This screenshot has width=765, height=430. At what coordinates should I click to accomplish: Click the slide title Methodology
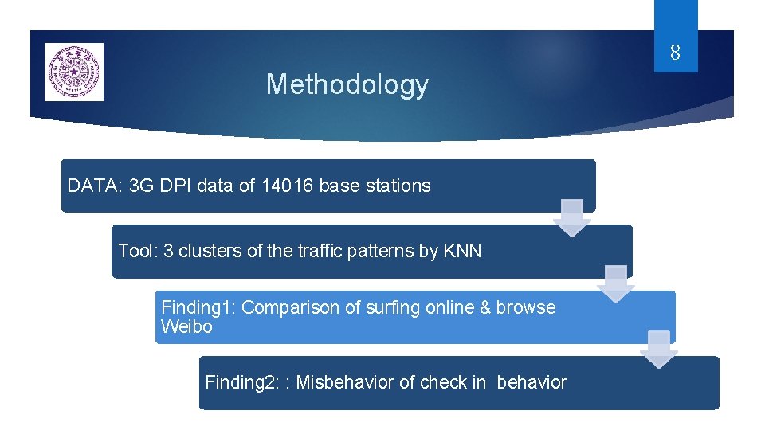point(347,84)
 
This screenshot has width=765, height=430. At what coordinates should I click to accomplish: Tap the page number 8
point(675,54)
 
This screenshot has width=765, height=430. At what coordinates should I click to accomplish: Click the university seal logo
point(73,72)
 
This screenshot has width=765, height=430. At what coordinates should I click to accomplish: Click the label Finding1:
point(198,307)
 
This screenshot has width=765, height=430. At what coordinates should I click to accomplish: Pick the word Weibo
point(186,326)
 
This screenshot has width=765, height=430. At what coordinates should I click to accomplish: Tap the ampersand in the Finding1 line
point(485,307)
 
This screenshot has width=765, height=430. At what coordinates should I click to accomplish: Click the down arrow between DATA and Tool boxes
point(572,217)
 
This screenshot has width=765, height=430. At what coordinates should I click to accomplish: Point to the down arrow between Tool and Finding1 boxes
point(616,283)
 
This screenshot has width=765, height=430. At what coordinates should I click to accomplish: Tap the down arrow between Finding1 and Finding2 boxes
point(659,349)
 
